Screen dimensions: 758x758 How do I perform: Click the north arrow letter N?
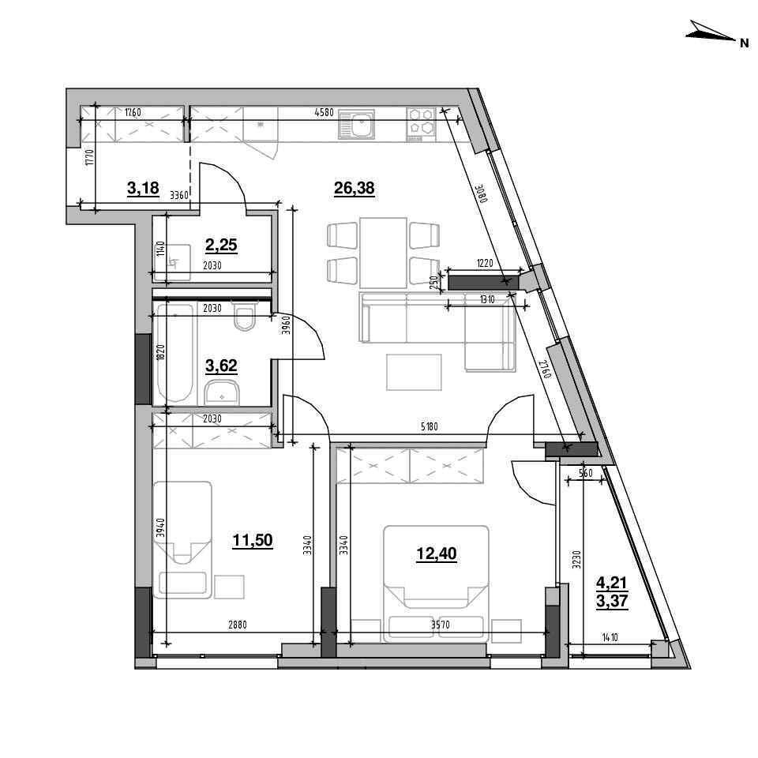pyautogui.click(x=744, y=43)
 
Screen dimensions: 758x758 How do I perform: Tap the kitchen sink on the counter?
pyautogui.click(x=357, y=124)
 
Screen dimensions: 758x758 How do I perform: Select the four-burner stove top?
pyautogui.click(x=421, y=122)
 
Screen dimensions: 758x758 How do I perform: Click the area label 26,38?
pyautogui.click(x=355, y=188)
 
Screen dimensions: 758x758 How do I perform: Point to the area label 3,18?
pyautogui.click(x=143, y=188)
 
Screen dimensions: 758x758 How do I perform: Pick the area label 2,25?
pyautogui.click(x=221, y=245)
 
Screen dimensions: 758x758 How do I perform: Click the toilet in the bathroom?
pyautogui.click(x=245, y=316)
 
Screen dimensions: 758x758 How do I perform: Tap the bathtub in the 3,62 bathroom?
pyautogui.click(x=174, y=353)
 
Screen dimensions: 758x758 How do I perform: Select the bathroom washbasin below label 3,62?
pyautogui.click(x=221, y=392)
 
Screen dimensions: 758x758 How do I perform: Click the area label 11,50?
pyautogui.click(x=253, y=539)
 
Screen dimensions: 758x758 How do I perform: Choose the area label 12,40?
pyautogui.click(x=436, y=553)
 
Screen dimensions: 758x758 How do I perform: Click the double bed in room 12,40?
pyautogui.click(x=436, y=584)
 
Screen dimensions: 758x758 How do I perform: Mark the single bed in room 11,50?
pyautogui.click(x=182, y=539)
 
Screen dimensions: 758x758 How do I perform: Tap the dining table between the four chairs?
pyautogui.click(x=383, y=253)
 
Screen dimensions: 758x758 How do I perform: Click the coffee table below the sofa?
pyautogui.click(x=414, y=372)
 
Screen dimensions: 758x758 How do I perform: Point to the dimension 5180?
pyautogui.click(x=430, y=427)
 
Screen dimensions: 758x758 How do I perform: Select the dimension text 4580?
pyautogui.click(x=324, y=113)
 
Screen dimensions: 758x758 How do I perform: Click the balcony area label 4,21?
pyautogui.click(x=612, y=583)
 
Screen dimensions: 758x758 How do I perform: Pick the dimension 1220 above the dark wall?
pyautogui.click(x=484, y=264)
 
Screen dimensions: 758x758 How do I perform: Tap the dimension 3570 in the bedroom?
pyautogui.click(x=440, y=625)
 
